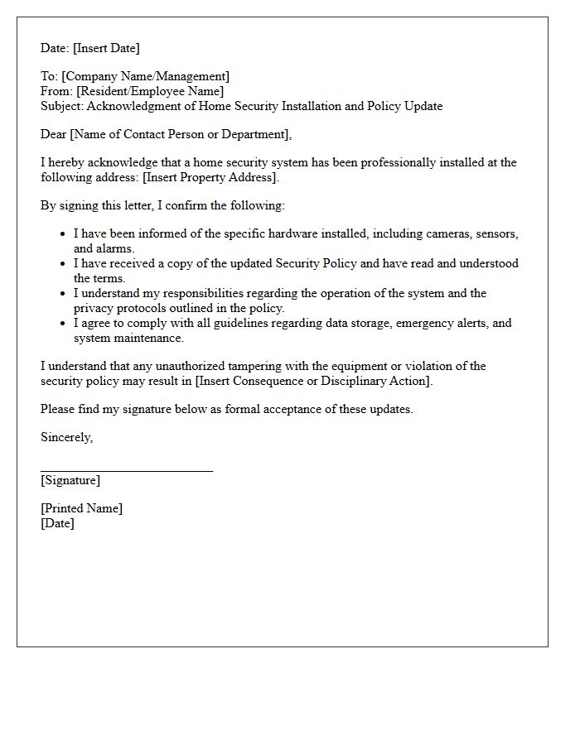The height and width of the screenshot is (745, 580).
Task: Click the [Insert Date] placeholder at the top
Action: [x=106, y=48]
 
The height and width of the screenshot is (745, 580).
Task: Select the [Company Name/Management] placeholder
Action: [x=146, y=77]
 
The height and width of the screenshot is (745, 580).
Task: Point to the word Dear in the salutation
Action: [x=54, y=134]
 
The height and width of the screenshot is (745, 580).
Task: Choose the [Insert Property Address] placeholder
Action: [x=212, y=177]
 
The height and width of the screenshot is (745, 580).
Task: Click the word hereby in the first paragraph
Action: [x=67, y=162]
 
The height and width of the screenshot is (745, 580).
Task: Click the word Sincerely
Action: [x=66, y=437]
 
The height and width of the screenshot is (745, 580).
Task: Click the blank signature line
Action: [x=127, y=470]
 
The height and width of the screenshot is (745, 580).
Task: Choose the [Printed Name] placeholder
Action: [x=81, y=508]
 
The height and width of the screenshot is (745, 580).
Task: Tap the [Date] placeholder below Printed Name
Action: [x=57, y=523]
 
